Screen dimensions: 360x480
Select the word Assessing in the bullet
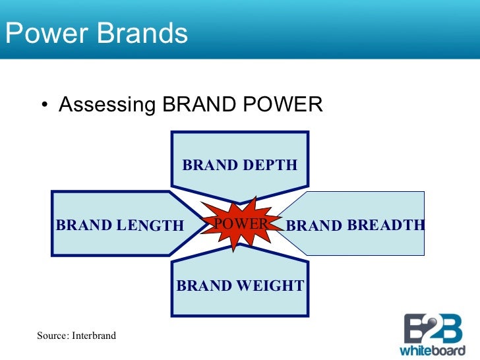[107, 105]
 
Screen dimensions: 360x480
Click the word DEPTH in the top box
[269, 165]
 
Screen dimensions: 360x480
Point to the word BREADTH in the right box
[386, 225]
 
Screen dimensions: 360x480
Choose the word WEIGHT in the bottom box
[270, 285]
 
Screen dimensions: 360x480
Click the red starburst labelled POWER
[239, 224]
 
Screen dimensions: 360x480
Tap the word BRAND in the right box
[314, 225]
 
